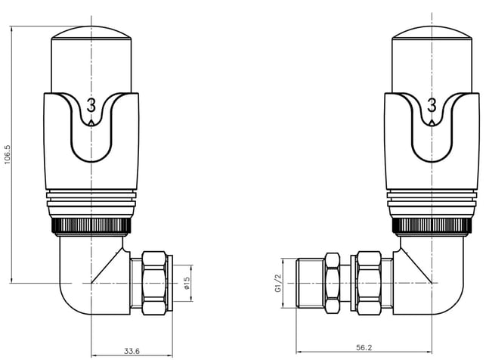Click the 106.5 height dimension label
tap(8, 154)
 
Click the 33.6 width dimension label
tap(132, 351)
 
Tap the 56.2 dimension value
tap(364, 348)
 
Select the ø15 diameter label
tap(187, 283)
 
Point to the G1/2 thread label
tap(278, 283)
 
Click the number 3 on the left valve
tap(91, 105)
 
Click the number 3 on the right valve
tap(432, 105)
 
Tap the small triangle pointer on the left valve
tap(91, 123)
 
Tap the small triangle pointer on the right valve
tap(432, 123)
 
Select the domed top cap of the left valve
tap(91, 33)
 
